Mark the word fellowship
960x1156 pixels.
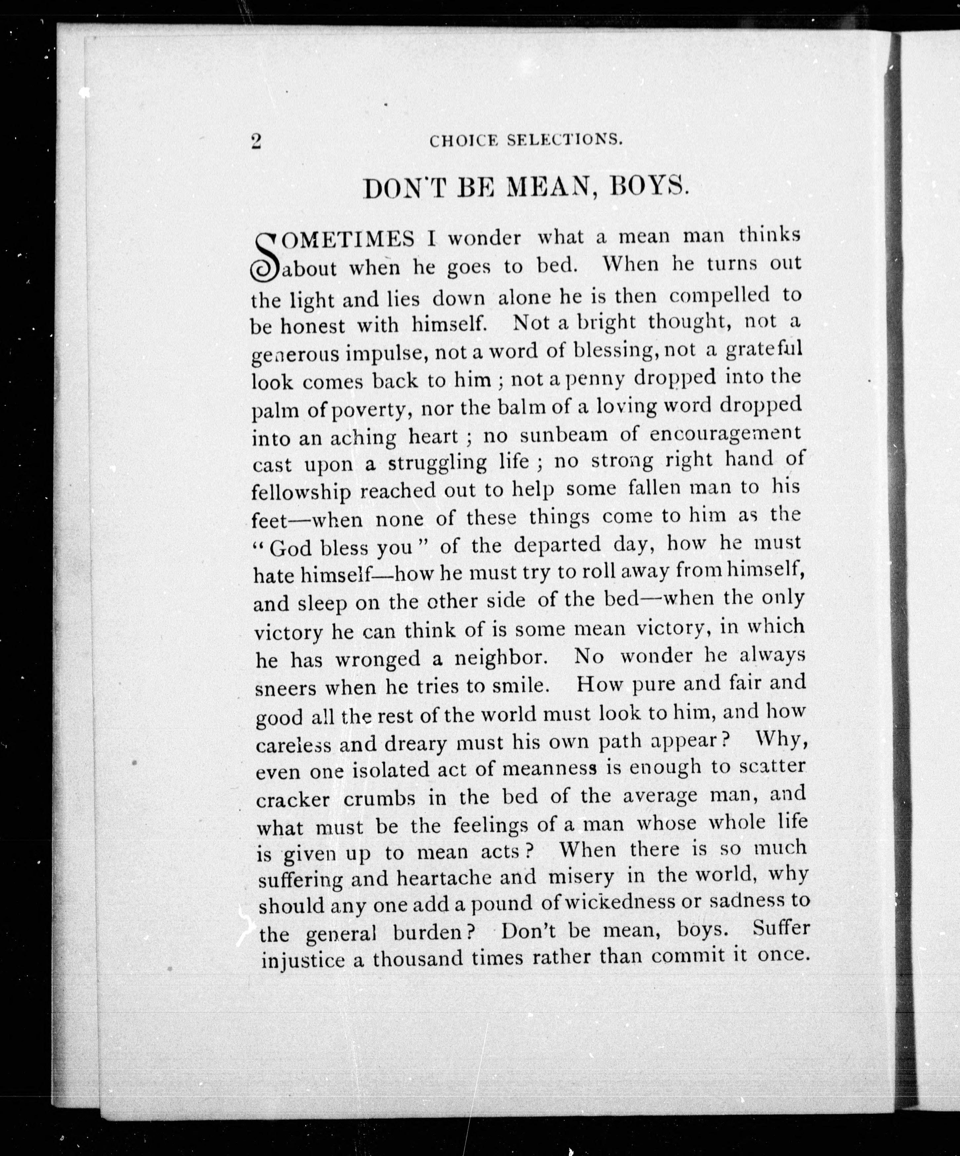[x=301, y=492]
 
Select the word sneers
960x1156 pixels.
[x=286, y=688]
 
